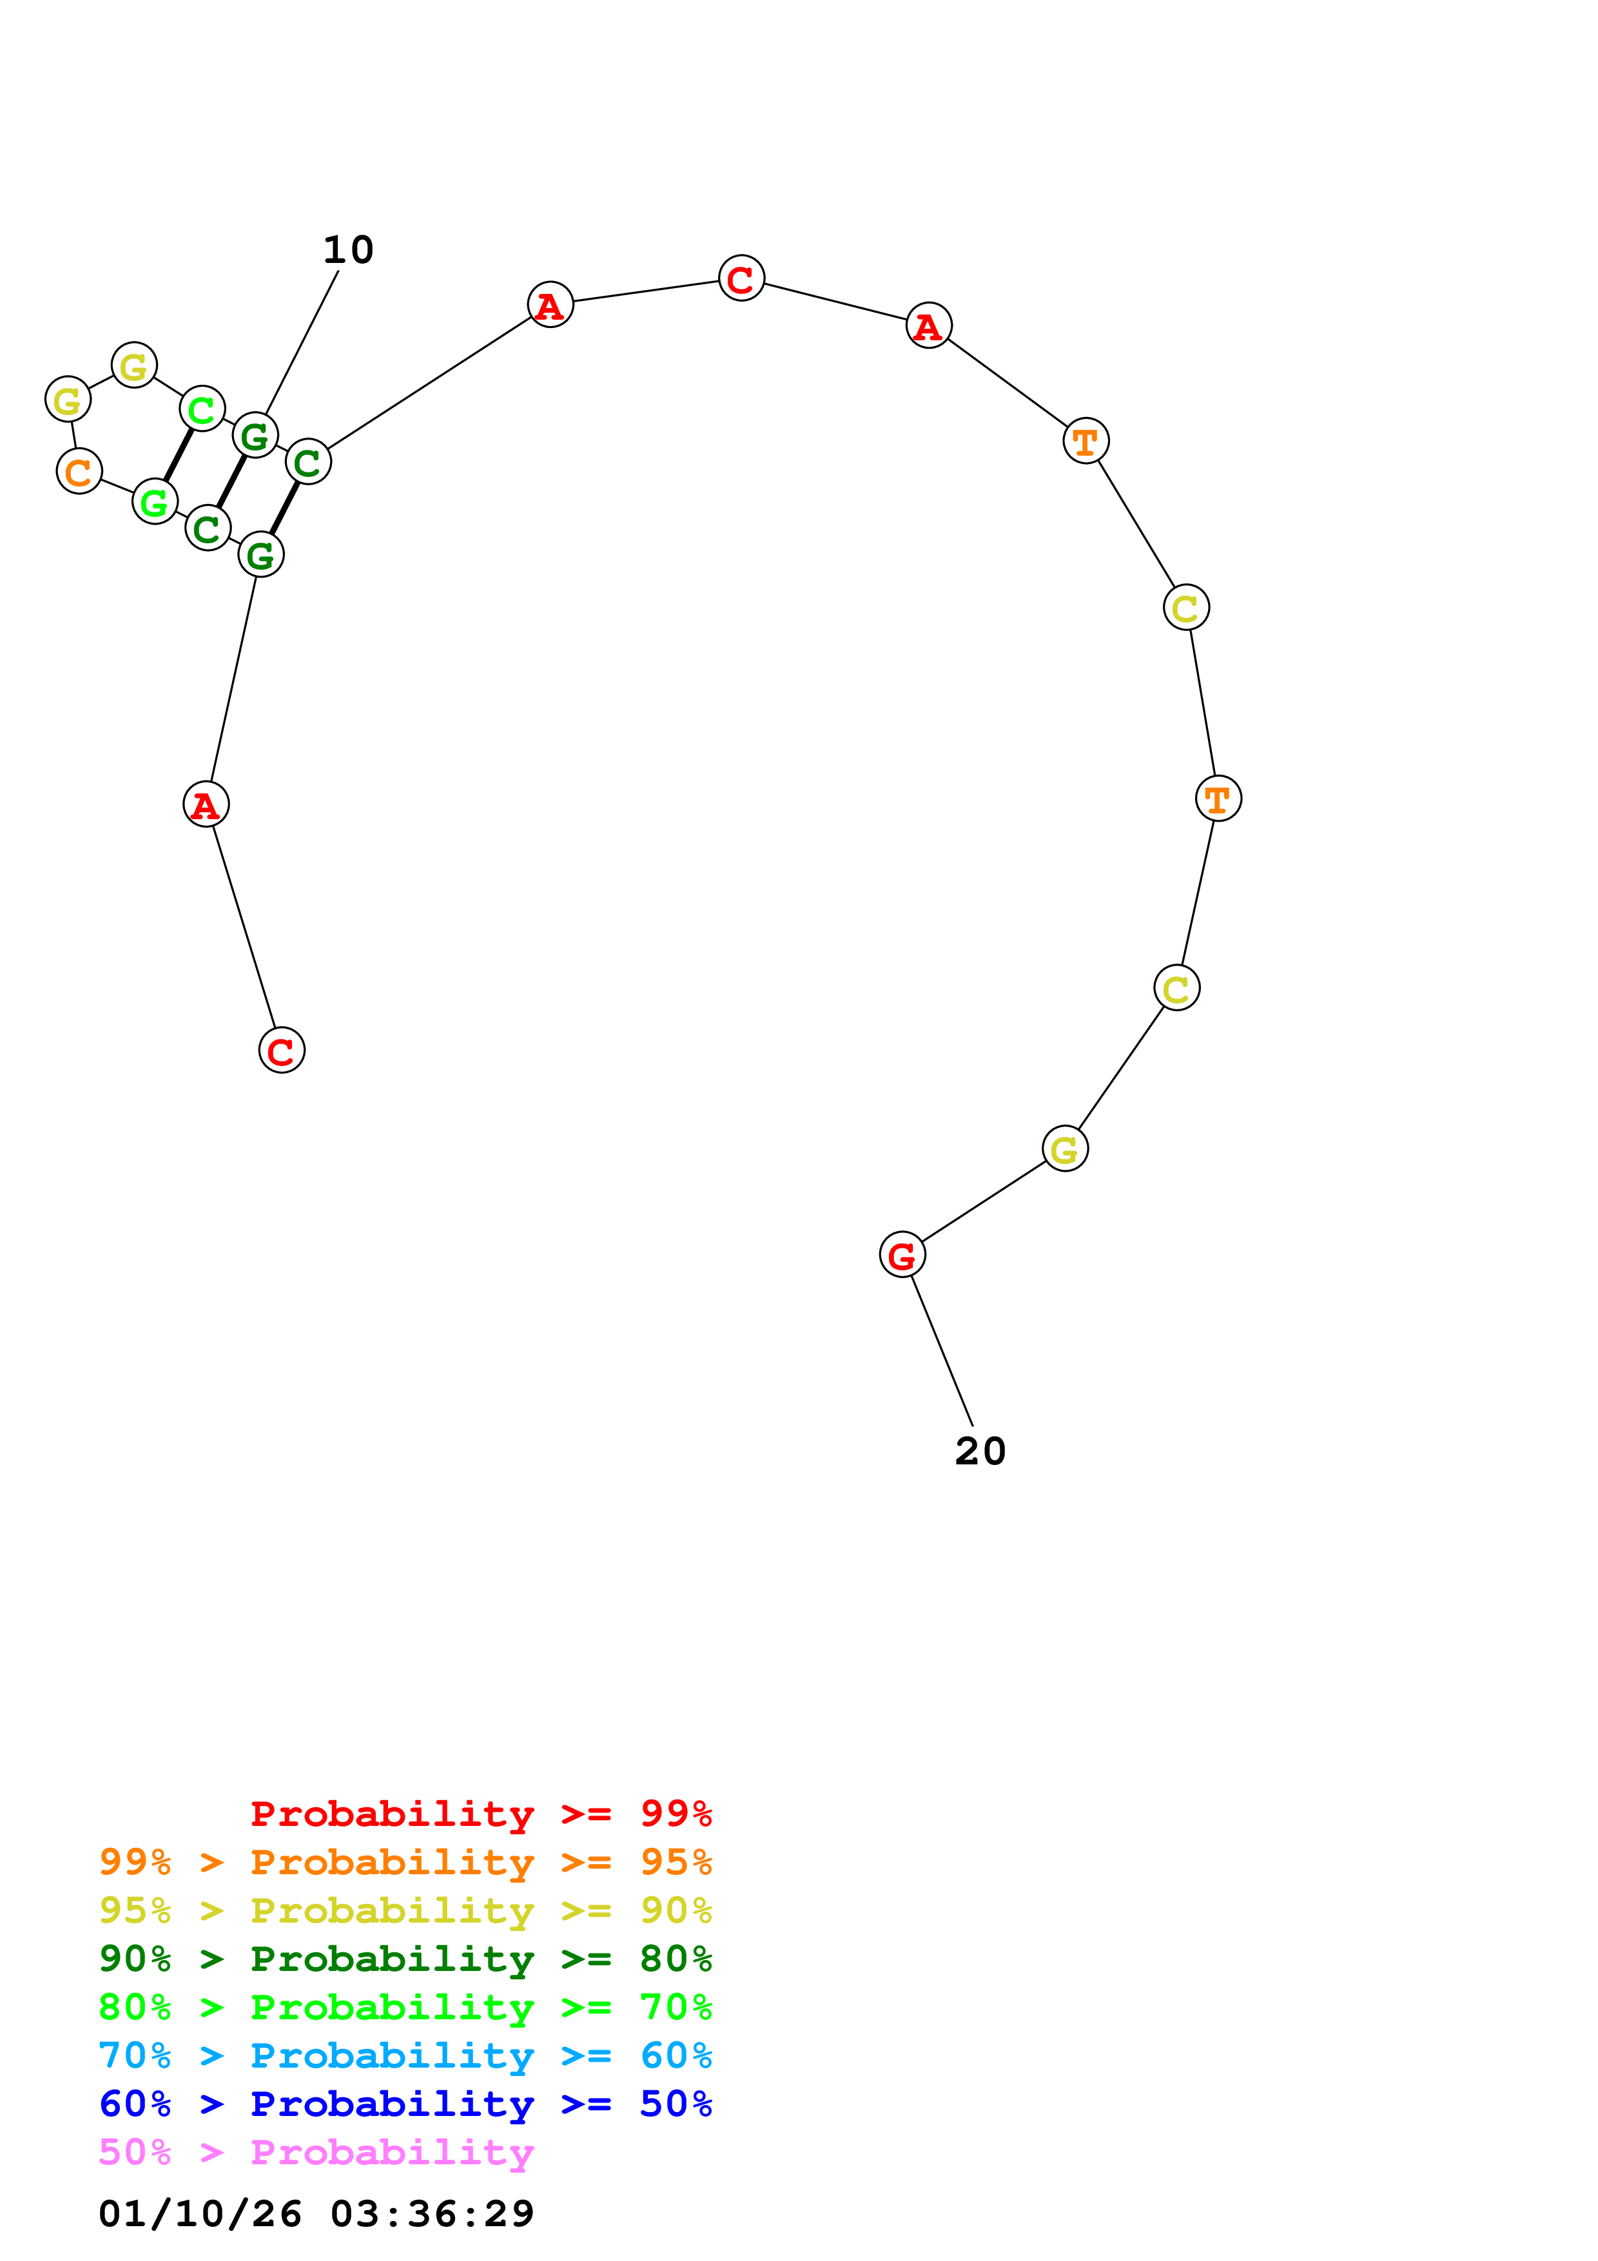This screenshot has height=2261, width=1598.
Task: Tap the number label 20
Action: pyautogui.click(x=980, y=1451)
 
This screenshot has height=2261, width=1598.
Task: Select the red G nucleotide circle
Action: pyautogui.click(x=902, y=1255)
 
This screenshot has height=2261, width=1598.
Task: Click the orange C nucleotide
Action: pyautogui.click(x=79, y=472)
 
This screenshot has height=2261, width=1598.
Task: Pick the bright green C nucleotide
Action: pyautogui.click(x=202, y=409)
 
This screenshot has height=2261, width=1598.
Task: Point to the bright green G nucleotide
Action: pyautogui.click(x=155, y=502)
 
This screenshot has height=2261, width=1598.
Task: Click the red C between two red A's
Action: pyautogui.click(x=741, y=278)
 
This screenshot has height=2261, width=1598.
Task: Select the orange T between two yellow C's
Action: pyautogui.click(x=1218, y=799)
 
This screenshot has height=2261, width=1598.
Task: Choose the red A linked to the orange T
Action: pyautogui.click(x=928, y=326)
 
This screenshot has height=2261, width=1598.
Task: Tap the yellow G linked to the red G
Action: pyautogui.click(x=1064, y=1149)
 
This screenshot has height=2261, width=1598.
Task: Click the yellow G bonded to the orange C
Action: pyautogui.click(x=68, y=400)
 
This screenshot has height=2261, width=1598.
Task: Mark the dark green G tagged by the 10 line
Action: pyautogui.click(x=255, y=435)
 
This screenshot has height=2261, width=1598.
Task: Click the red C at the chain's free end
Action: pyautogui.click(x=282, y=1051)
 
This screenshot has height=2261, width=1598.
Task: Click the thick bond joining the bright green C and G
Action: pyautogui.click(x=178, y=455)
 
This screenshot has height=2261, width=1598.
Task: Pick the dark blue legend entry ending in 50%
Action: pyautogui.click(x=405, y=2104)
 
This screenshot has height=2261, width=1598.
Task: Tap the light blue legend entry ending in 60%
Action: pyautogui.click(x=405, y=2055)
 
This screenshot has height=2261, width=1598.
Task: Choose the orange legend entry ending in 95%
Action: pyautogui.click(x=405, y=1862)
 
